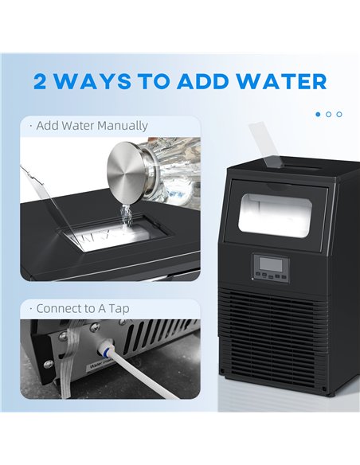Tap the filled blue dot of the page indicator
click(319, 115)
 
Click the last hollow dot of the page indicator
click(339, 115)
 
